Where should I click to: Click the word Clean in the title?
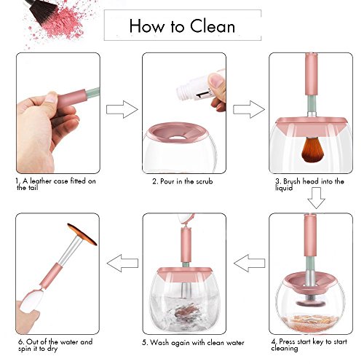[213, 26]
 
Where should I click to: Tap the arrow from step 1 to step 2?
[122, 109]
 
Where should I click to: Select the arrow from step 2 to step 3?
[249, 109]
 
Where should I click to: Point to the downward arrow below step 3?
[316, 198]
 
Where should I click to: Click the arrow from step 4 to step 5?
[249, 263]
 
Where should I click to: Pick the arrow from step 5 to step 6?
[122, 263]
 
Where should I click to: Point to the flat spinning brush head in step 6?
[82, 234]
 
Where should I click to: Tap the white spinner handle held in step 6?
[31, 301]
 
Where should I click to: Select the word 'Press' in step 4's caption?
[287, 341]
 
